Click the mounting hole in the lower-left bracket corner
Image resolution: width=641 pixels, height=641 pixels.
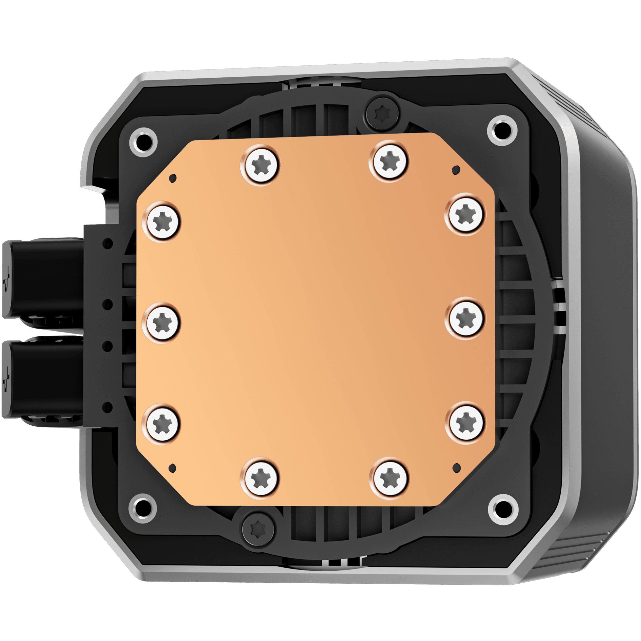pyautogui.click(x=143, y=509)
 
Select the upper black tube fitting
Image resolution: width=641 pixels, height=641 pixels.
pyautogui.click(x=43, y=278)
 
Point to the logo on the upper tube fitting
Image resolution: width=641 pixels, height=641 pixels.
pyautogui.click(x=7, y=278)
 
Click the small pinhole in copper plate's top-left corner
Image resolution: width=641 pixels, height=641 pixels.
pyautogui.click(x=173, y=178)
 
